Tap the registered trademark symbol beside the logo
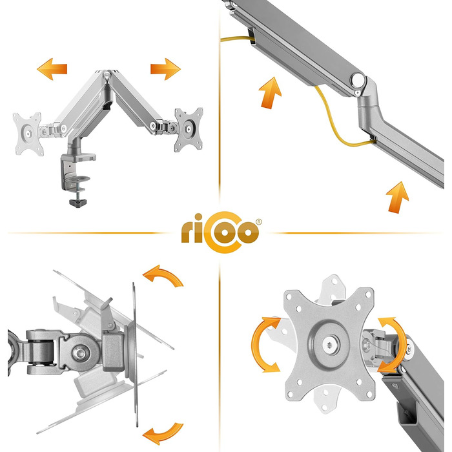259,222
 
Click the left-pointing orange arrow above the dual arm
52,69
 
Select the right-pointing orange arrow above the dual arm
165,69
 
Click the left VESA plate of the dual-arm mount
28,134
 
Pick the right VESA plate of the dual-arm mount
189,129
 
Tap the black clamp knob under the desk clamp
78,202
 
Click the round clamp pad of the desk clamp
77,180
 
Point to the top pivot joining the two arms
107,76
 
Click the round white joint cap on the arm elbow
358,79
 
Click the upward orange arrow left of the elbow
270,93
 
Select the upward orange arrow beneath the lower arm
398,198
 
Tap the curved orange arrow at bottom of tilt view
164,433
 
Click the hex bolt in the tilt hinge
79,353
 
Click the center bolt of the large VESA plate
329,345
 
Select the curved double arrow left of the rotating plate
265,344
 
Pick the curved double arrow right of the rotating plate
392,345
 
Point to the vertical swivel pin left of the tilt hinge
40,353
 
